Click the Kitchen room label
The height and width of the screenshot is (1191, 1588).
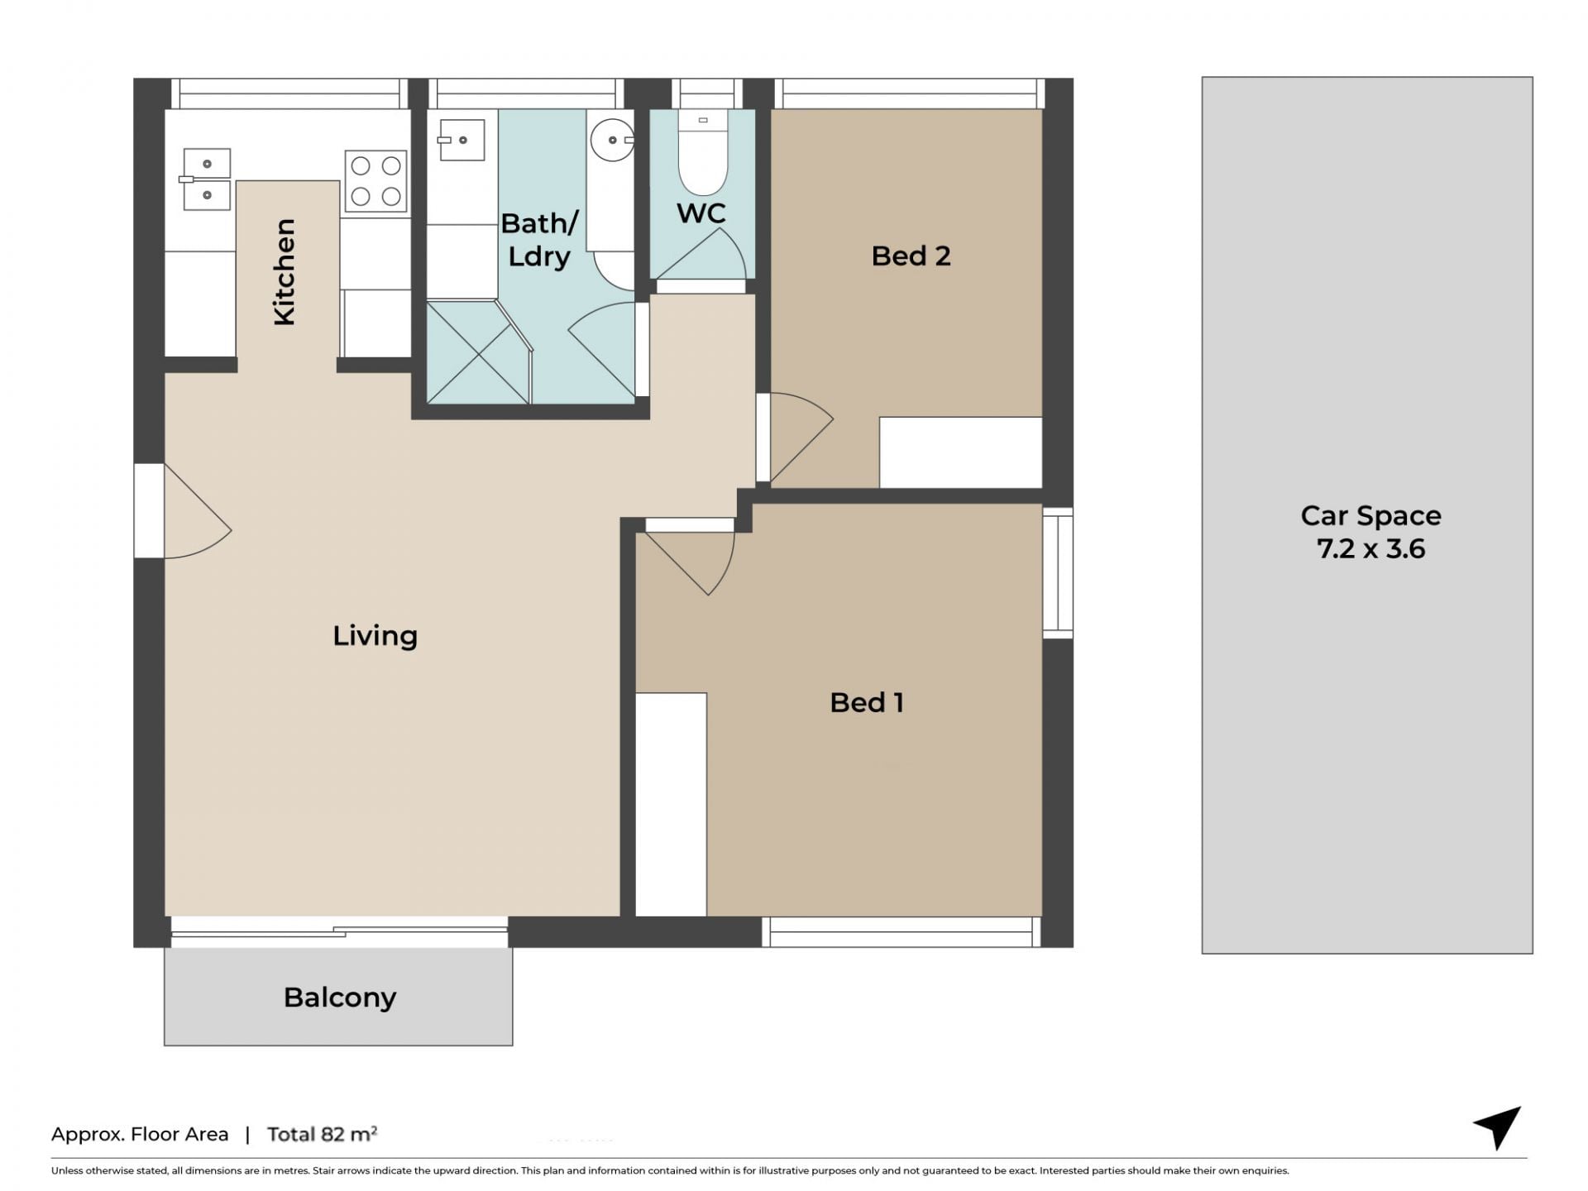point(284,272)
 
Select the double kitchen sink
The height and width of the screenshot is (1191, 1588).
point(206,179)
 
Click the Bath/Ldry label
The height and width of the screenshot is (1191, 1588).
point(539,239)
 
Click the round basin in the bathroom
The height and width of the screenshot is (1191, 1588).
point(612,140)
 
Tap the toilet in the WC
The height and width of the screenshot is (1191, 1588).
point(703,152)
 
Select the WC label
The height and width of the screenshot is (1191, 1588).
point(701,213)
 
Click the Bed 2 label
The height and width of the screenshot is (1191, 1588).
point(911,256)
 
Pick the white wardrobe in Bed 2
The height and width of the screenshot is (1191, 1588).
point(960,452)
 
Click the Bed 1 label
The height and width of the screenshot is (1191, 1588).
point(866,702)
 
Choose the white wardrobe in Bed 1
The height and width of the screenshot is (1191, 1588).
point(671,804)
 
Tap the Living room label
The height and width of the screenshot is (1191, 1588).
point(375,635)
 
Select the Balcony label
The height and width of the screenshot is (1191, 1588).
point(340,997)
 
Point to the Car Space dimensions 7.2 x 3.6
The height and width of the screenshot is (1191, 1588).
point(1370,548)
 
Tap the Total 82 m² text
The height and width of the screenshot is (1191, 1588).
point(322,1134)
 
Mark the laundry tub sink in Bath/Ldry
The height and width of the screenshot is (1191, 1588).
point(461,139)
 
